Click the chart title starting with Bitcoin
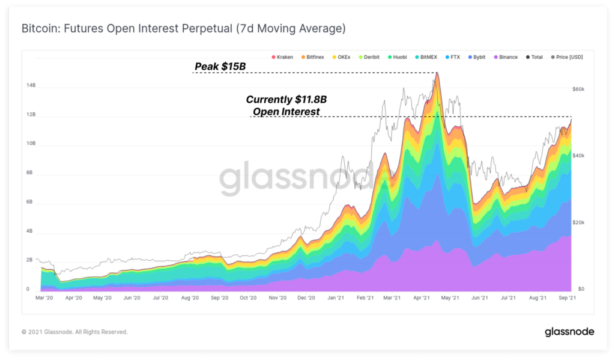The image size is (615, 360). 183,29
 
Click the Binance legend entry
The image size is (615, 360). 505,57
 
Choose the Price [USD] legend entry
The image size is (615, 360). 566,57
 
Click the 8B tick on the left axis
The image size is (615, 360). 30,172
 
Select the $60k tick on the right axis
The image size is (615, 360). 578,89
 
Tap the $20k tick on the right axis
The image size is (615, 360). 578,222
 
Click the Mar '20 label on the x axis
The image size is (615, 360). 45,297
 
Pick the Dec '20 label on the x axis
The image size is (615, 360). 306,297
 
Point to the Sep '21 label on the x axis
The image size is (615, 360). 568,297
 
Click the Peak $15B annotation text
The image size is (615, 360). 220,66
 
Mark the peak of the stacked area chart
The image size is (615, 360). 437,73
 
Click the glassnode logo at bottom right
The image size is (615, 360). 569,332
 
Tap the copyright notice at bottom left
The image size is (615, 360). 74,332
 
